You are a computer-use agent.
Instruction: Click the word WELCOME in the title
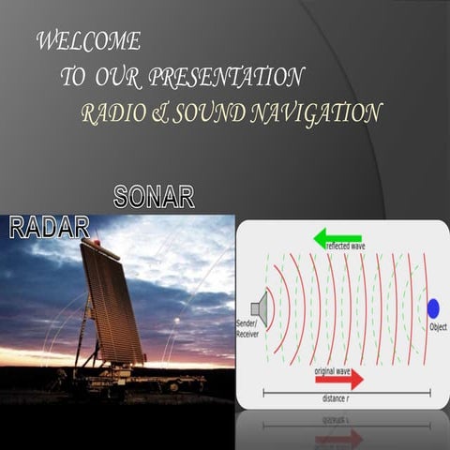pyautogui.click(x=88, y=41)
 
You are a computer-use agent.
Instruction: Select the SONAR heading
pyautogui.click(x=154, y=197)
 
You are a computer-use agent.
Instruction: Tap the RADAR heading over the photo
pyautogui.click(x=49, y=226)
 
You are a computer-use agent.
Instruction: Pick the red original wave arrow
pyautogui.click(x=338, y=378)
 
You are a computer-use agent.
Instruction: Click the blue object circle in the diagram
pyautogui.click(x=433, y=307)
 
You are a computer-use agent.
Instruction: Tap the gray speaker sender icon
pyautogui.click(x=260, y=307)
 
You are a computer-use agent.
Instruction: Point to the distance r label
pyautogui.click(x=341, y=398)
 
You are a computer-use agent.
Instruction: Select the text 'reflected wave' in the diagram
pyautogui.click(x=345, y=247)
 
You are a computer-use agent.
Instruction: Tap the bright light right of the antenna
pyautogui.click(x=176, y=321)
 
